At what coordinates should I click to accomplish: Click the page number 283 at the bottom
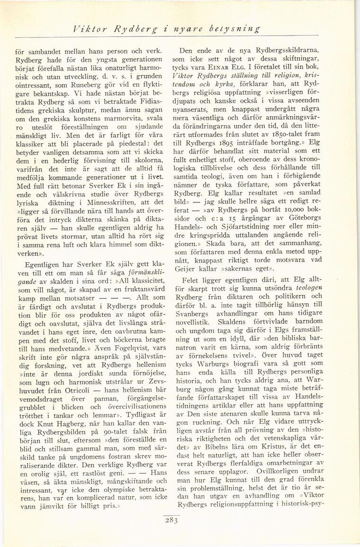(171, 520)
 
